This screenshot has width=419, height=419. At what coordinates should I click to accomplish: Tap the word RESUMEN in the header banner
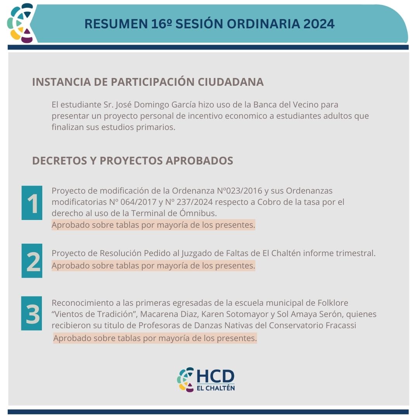coord(116,24)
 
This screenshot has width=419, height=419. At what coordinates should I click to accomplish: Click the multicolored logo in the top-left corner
coord(21,23)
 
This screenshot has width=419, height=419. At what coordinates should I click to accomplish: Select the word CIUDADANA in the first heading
coord(230,82)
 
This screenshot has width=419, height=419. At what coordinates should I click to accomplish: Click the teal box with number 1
coord(32,203)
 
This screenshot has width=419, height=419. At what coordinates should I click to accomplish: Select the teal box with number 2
coord(32,261)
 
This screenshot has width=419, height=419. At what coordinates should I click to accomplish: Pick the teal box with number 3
coord(31,313)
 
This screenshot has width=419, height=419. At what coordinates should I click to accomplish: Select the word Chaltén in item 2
coord(286,253)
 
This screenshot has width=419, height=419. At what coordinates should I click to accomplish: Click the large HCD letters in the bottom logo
coord(215,376)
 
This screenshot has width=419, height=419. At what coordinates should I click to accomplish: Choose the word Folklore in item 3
coord(333,303)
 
